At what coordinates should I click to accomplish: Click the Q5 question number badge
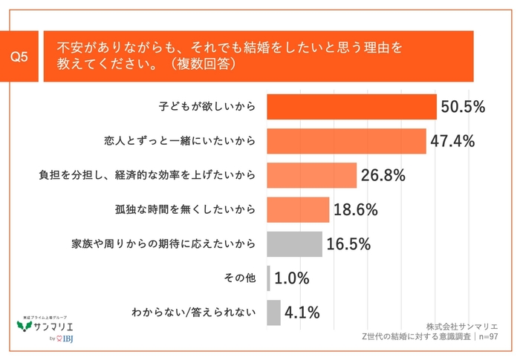pos(23,57)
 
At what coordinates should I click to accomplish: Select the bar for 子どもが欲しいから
pos(351,107)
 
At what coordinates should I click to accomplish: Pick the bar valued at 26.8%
pos(311,175)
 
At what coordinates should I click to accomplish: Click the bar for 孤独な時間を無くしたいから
pos(297,209)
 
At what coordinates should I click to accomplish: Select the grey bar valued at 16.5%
pos(294,243)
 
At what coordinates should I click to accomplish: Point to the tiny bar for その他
pos(268,278)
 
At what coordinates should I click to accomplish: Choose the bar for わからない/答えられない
pos(273,312)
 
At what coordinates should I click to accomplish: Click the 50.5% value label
pos(463,107)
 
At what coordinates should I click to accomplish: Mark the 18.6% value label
pos(355,209)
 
